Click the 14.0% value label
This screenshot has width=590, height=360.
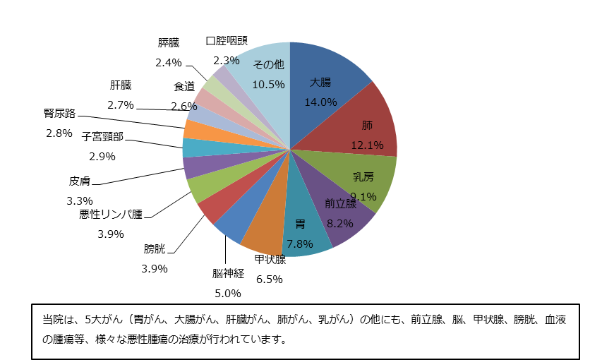click(320, 102)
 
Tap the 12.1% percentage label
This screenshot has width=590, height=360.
click(367, 145)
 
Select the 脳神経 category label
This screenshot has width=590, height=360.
click(228, 274)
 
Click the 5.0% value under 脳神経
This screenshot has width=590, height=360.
click(228, 293)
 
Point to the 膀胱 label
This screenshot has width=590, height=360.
click(155, 248)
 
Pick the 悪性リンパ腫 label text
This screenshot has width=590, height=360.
click(111, 214)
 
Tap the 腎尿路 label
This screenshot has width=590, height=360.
click(59, 113)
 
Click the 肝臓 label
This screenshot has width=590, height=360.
click(120, 85)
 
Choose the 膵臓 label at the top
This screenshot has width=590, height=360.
click(169, 43)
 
